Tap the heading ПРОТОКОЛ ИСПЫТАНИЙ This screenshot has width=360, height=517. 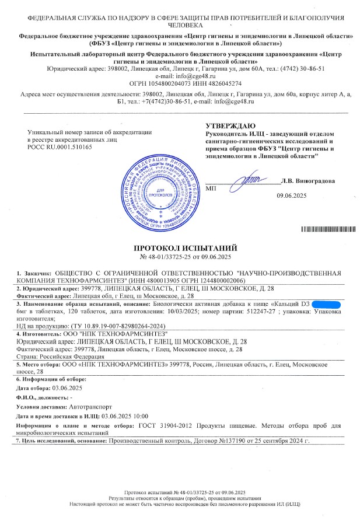click(180, 247)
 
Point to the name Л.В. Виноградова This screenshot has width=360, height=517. click(307, 181)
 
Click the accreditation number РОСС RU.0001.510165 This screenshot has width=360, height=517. click(60, 147)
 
